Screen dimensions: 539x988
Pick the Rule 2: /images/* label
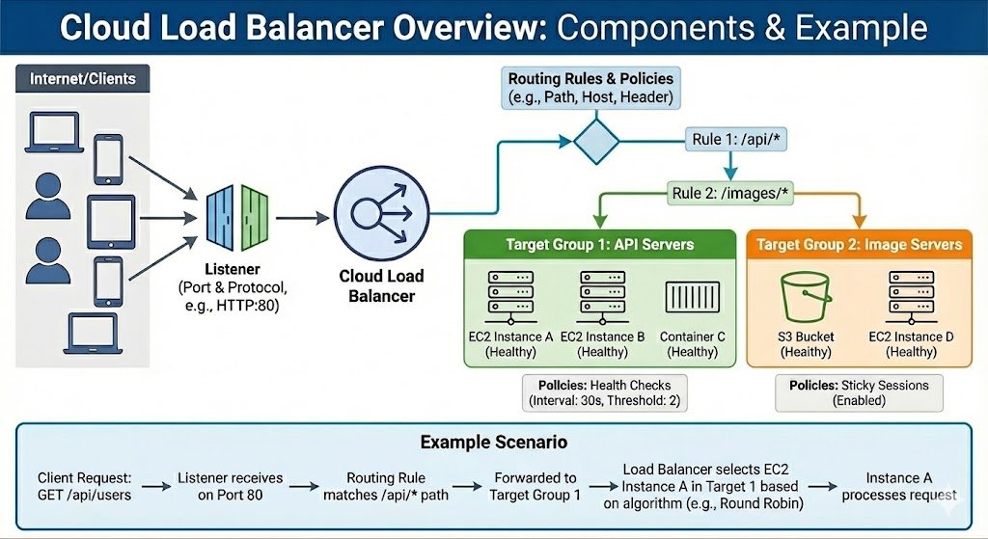(x=730, y=194)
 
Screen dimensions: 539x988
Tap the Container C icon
(x=693, y=297)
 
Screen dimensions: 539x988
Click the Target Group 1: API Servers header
(x=599, y=244)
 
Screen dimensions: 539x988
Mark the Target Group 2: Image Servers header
(x=859, y=244)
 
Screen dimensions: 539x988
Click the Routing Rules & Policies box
(x=591, y=88)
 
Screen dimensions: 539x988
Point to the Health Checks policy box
(x=604, y=392)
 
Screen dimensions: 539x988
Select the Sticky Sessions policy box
(x=858, y=392)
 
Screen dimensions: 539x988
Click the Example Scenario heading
(x=493, y=443)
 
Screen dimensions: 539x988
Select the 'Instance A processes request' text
(x=898, y=485)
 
